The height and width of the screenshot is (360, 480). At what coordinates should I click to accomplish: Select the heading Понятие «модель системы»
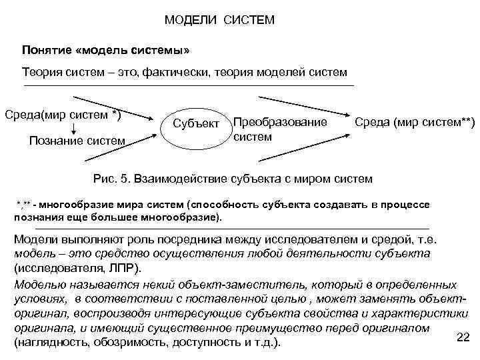(x=111, y=51)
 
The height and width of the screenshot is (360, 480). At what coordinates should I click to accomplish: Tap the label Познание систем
(x=77, y=141)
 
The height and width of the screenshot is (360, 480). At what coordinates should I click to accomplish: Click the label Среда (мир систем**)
(x=414, y=123)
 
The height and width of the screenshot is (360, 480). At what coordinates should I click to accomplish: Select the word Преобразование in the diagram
(x=280, y=123)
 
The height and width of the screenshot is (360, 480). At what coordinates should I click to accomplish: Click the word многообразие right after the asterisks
(x=86, y=203)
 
